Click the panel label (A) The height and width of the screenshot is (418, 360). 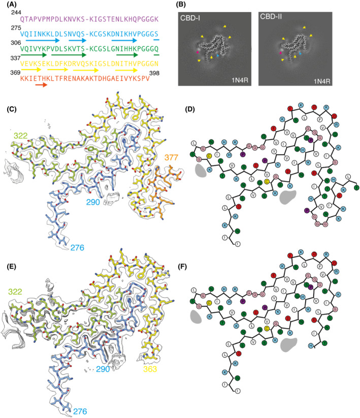[9, 5]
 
